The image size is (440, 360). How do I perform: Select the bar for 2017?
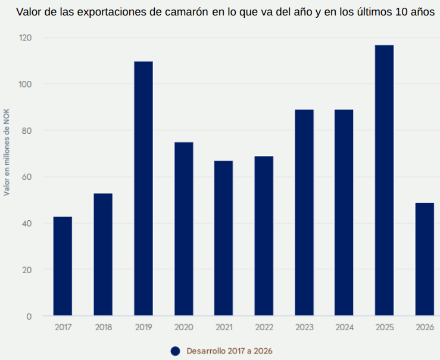63,266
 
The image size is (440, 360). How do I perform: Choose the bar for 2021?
224,238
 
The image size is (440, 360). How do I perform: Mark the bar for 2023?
304,212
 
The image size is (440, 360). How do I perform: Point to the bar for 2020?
183,229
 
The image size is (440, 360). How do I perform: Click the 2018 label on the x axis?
103,327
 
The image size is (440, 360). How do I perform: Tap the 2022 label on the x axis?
264,327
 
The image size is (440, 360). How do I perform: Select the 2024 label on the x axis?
344,327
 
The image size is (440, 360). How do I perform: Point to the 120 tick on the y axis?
24,37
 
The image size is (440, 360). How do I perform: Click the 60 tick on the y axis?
27,177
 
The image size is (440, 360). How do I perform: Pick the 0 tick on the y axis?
29,316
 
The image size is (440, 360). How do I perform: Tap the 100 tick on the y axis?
24,84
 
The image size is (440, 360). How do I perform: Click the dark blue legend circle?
175,351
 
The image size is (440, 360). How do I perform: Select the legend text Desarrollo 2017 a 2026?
229,351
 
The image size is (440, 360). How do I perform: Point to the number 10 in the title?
400,12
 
